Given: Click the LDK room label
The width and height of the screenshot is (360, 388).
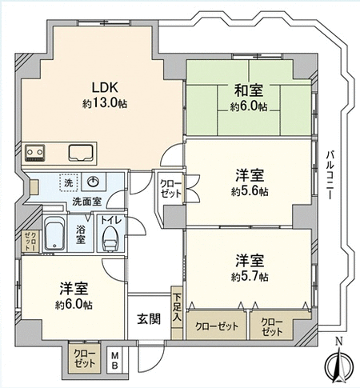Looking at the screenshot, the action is [105, 87].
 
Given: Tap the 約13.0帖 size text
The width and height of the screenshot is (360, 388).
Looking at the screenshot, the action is [105, 103].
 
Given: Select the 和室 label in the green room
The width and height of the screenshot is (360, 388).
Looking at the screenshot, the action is [249, 90].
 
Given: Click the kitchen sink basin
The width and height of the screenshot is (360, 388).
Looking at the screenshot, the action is [80, 153].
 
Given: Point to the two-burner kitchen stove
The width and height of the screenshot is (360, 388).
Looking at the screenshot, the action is [34, 153].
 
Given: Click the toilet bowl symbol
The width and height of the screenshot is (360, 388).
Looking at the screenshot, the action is [110, 238].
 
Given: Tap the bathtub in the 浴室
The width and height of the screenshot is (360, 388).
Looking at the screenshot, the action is [54, 233].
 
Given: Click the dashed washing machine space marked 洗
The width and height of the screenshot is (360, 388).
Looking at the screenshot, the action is [69, 182].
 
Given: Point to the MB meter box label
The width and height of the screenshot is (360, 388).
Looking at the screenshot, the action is [114, 360].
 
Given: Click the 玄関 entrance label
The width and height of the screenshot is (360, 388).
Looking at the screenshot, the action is [149, 319].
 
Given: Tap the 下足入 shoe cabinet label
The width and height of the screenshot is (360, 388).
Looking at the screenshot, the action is [177, 308].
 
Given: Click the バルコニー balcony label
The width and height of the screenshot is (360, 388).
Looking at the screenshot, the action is [330, 174].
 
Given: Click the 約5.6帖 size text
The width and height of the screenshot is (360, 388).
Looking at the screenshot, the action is [250, 192].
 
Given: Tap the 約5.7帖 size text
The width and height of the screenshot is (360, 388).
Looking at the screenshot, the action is [250, 277].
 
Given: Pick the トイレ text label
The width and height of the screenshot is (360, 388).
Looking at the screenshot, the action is [111, 220].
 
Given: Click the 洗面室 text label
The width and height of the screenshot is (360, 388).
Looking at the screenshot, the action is [87, 202].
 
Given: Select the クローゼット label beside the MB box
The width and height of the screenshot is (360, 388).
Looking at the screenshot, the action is [84, 358].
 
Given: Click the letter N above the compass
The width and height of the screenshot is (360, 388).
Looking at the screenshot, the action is [339, 342].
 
